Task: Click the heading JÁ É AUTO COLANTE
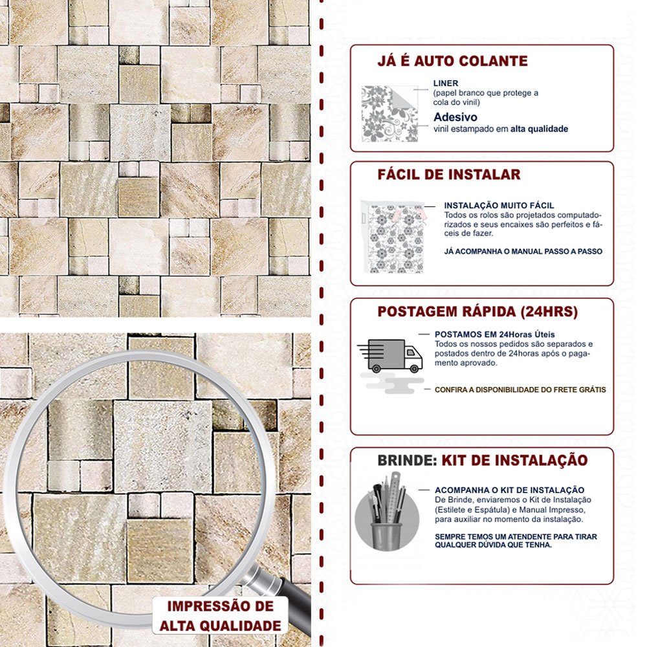[452, 61]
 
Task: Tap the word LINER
[446, 83]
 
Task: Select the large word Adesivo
[455, 116]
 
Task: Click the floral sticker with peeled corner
[389, 114]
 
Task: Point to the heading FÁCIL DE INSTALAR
[449, 175]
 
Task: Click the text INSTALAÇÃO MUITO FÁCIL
[499, 206]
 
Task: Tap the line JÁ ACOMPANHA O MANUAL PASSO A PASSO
[523, 251]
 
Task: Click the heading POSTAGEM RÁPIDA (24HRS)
[477, 312]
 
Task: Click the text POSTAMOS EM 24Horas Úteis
[494, 334]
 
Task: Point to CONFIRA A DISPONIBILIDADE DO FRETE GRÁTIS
[520, 389]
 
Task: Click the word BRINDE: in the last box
[407, 461]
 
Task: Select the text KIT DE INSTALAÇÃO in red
[514, 460]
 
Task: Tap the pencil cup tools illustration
[387, 512]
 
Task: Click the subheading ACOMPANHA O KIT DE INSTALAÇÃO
[509, 490]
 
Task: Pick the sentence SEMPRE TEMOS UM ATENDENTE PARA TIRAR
[516, 537]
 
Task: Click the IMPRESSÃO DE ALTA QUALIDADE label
[221, 616]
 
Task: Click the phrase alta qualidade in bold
[539, 129]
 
